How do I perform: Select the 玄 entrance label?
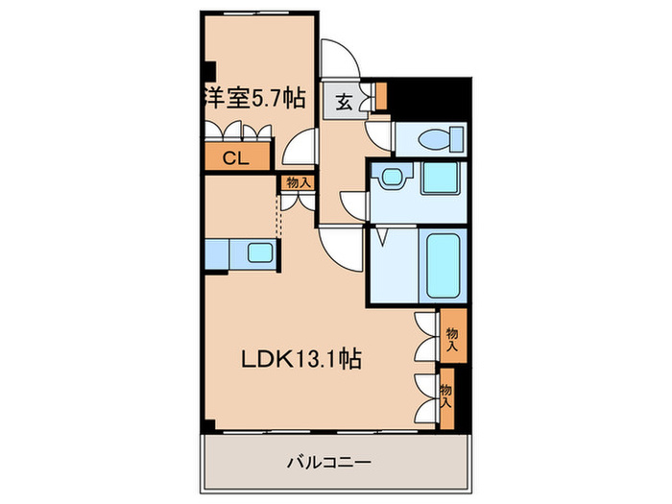(343, 100)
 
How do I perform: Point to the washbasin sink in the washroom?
(392, 178)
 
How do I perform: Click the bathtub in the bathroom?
(443, 265)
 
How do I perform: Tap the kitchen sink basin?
(258, 254)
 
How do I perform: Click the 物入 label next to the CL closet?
(297, 181)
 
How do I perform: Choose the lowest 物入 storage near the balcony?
(446, 395)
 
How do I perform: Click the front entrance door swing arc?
(341, 60)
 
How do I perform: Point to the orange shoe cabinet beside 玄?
(380, 97)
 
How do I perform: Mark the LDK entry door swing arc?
(339, 248)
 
